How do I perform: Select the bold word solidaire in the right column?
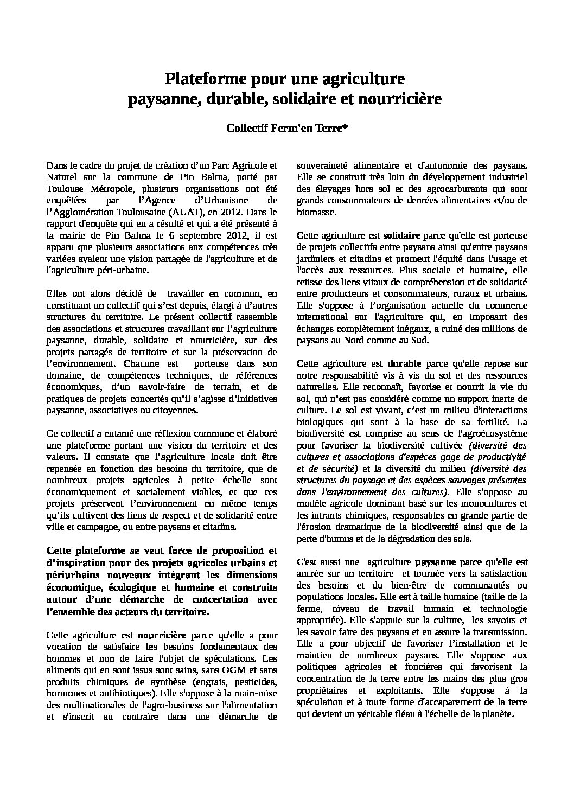point(401,236)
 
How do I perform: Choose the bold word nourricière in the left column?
point(162,635)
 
